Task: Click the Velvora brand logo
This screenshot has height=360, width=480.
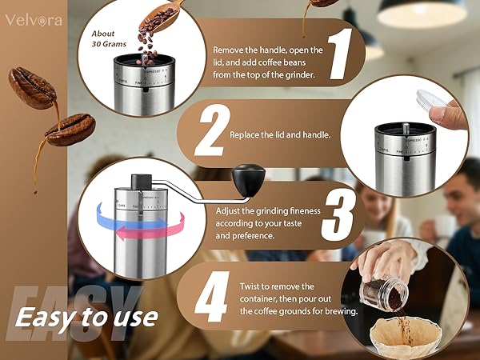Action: coord(31,21)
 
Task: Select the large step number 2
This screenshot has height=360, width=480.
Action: coord(209,133)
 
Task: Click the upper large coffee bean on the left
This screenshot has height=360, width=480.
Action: coord(32,87)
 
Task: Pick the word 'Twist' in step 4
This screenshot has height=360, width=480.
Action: coord(253,286)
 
